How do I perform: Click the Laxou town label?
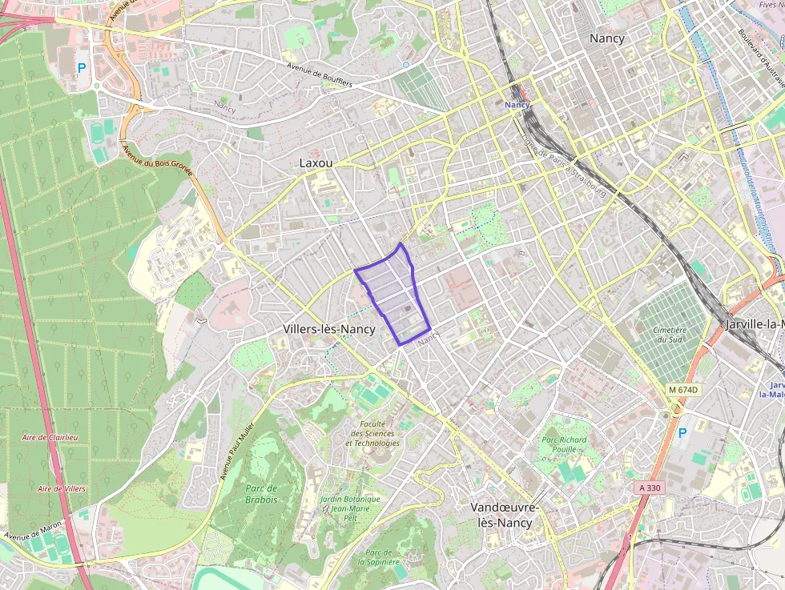pyautogui.click(x=315, y=163)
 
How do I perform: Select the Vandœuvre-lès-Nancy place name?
pyautogui.click(x=505, y=515)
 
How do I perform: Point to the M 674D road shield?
pyautogui.click(x=683, y=390)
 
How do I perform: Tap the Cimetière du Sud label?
pyautogui.click(x=670, y=335)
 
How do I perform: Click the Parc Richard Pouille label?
pyautogui.click(x=564, y=444)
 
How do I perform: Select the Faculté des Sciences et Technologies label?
pyautogui.click(x=372, y=433)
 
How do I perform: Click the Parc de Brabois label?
pyautogui.click(x=261, y=494)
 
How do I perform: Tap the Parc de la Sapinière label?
pyautogui.click(x=378, y=557)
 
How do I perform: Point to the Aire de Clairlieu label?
pyautogui.click(x=50, y=437)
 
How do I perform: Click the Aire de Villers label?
pyautogui.click(x=62, y=488)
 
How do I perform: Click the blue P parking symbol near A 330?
pyautogui.click(x=682, y=433)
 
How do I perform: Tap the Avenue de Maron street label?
pyautogui.click(x=32, y=530)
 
